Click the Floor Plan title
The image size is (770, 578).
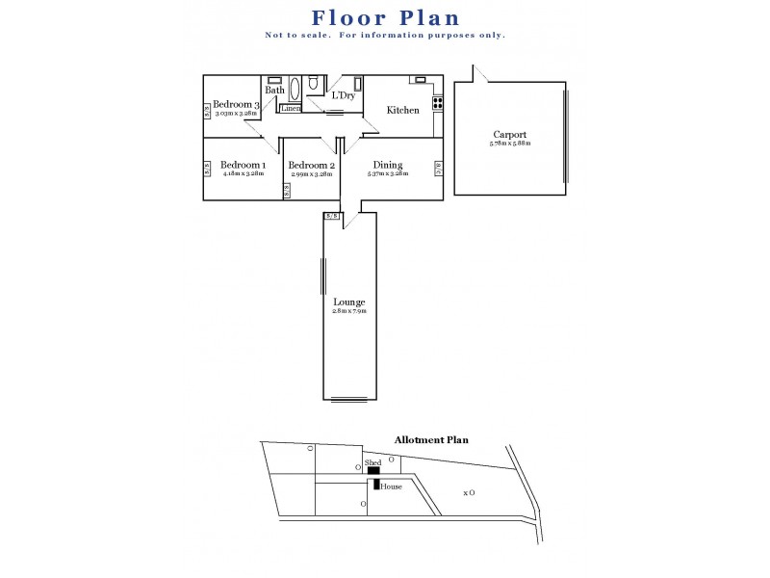point(385,17)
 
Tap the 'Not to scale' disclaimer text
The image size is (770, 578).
point(385,36)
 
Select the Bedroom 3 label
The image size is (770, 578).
point(236,104)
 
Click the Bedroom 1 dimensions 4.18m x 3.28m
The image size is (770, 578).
point(243,173)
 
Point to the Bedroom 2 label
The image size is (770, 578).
point(311,165)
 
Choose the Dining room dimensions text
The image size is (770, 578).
point(387,173)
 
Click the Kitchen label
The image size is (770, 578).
point(402,110)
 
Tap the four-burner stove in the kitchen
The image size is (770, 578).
point(437,101)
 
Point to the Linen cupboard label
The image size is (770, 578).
point(292,108)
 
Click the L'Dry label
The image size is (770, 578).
point(343,95)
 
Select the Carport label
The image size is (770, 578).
point(509,135)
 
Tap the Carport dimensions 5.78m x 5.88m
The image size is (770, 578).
point(509,144)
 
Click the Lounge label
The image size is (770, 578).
point(348,302)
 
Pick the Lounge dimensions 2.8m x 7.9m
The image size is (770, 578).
point(348,311)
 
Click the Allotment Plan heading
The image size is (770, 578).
point(430,439)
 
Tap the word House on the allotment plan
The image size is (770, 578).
point(391,486)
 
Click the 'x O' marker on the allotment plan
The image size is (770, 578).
point(469,492)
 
